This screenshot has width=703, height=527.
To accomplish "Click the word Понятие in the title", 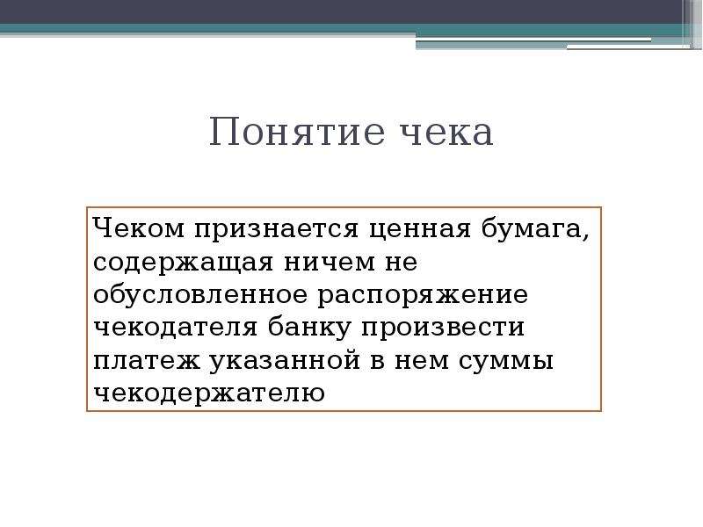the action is click(x=297, y=132).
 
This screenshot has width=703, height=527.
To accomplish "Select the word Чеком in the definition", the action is click(x=139, y=228).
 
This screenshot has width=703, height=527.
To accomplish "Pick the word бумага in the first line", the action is click(x=532, y=230).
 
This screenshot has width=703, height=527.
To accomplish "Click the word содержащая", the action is click(x=183, y=263).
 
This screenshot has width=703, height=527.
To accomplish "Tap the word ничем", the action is click(x=330, y=263).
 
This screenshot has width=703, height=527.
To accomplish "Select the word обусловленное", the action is click(x=200, y=294).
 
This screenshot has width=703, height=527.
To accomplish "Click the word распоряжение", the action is click(x=423, y=297).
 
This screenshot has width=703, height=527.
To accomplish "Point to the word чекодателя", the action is click(x=176, y=328).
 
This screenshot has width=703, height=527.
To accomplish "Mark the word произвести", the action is click(x=443, y=328).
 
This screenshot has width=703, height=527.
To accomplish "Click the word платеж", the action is click(x=146, y=361).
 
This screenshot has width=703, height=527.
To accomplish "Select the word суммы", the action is click(x=506, y=362).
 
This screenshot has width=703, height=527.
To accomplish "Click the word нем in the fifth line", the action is click(x=422, y=361).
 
